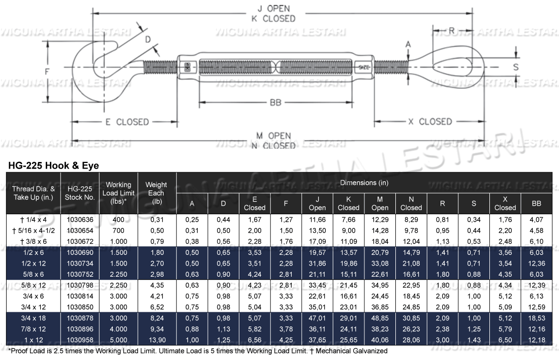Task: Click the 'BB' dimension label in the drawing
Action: click(x=275, y=103)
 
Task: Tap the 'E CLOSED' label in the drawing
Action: click(x=127, y=122)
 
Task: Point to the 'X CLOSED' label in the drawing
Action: click(x=429, y=121)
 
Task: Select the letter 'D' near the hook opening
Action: click(x=148, y=39)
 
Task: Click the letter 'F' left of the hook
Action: click(x=46, y=72)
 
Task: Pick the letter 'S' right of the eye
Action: click(x=516, y=67)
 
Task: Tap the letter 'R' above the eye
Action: click(x=452, y=30)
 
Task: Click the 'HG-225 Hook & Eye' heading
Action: click(x=52, y=166)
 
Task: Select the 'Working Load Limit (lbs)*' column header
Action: click(x=118, y=193)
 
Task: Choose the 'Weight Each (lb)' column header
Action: click(x=156, y=193)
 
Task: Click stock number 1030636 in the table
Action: click(x=80, y=219)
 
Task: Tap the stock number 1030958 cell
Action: click(x=80, y=340)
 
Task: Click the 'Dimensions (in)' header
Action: click(x=364, y=183)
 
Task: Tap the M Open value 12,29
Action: click(x=380, y=219)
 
